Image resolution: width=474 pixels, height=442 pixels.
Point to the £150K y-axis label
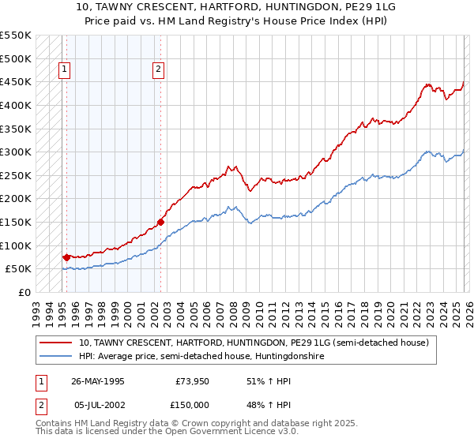[x=16, y=222]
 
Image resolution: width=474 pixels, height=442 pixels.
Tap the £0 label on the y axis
[x=24, y=292]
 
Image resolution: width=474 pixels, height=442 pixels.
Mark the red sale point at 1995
[x=66, y=257]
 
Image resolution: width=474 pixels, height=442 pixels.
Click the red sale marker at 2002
[x=160, y=222]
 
